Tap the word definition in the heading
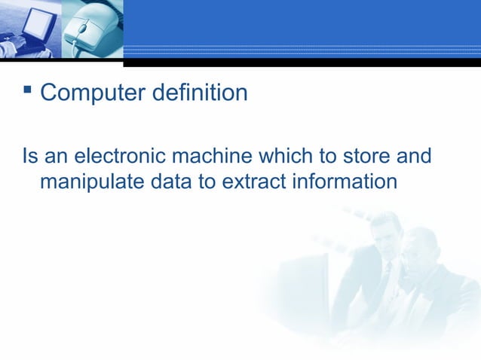200,94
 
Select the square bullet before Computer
28,90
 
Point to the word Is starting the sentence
29,157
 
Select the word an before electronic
55,157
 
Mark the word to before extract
207,182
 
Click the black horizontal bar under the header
302,63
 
